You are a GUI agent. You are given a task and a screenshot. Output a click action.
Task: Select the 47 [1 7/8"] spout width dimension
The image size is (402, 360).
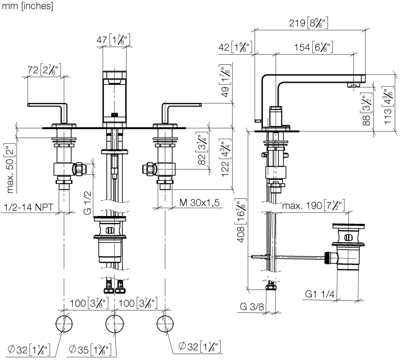(x=114, y=40)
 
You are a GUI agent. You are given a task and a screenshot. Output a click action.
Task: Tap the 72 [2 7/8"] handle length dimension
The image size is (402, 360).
(x=43, y=70)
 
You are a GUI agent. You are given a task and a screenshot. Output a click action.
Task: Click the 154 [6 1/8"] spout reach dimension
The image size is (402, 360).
(x=314, y=47)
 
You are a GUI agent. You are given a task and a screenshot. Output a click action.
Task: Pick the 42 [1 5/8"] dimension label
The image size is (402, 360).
(x=235, y=47)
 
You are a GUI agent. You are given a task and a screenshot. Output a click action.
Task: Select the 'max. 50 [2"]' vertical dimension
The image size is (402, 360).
(x=11, y=168)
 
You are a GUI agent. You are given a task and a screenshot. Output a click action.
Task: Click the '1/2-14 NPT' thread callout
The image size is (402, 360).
(x=29, y=207)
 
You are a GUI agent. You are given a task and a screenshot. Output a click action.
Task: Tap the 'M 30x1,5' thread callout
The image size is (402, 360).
(x=199, y=202)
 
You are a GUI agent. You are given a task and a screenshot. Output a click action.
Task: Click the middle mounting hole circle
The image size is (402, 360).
(x=114, y=323)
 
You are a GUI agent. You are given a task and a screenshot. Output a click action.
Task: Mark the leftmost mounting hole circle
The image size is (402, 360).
(x=63, y=323)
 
